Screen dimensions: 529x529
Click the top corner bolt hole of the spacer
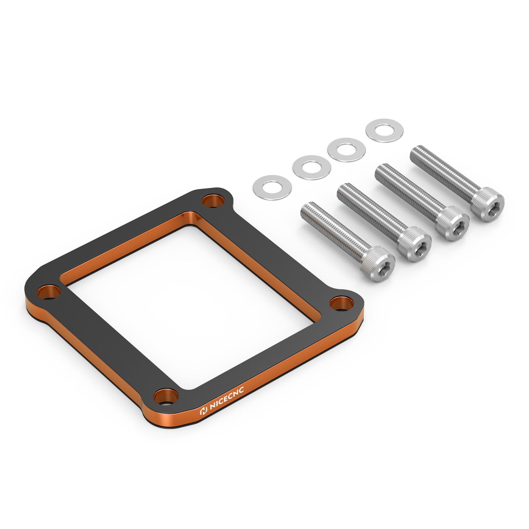(x=213, y=200)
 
